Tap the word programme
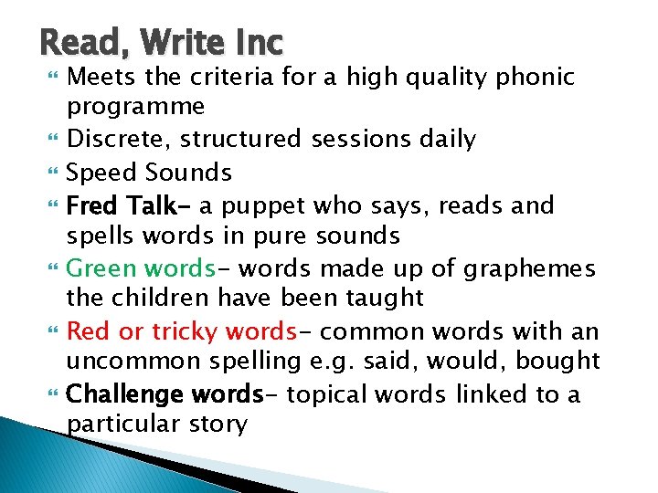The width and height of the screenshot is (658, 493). [x=136, y=107]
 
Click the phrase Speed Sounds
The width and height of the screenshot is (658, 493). [x=150, y=173]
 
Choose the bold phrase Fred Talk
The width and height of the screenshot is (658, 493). [x=123, y=205]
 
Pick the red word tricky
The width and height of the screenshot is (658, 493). [x=183, y=330]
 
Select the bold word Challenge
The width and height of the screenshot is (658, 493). [x=124, y=394]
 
